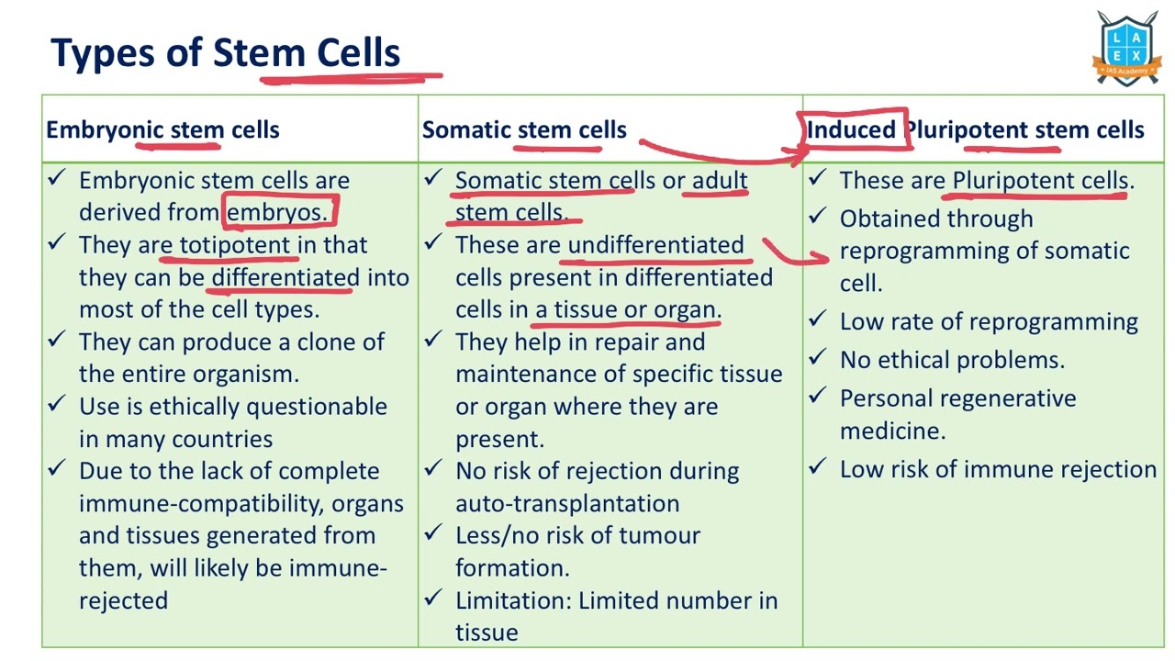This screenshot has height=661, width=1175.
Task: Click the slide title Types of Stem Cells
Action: [x=225, y=53]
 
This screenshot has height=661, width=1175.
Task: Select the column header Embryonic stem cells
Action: [x=162, y=129]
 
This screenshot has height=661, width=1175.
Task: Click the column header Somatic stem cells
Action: [x=524, y=129]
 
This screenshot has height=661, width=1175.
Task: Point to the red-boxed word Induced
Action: [x=851, y=129]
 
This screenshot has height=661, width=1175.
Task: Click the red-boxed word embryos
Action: [x=276, y=212]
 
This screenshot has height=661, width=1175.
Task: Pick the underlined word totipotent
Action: [x=234, y=245]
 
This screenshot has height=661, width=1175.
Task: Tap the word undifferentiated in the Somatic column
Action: [x=655, y=245]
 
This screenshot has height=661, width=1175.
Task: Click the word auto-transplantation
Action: [x=567, y=503]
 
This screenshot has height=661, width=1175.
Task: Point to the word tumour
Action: [x=659, y=535]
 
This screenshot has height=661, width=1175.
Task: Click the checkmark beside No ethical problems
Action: [x=818, y=358]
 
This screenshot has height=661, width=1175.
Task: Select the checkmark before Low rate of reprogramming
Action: [x=818, y=319]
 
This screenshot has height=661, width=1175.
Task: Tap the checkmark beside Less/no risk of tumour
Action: [x=433, y=533]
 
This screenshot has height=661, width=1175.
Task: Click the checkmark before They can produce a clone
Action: [x=57, y=340]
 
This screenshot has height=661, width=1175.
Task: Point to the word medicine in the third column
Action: [x=891, y=431]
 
